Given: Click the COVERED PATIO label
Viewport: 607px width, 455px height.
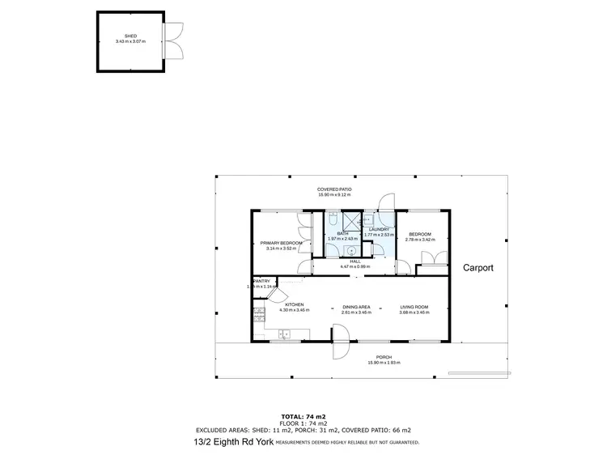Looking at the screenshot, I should click(x=334, y=189).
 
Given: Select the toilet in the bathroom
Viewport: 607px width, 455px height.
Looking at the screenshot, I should click(x=333, y=219).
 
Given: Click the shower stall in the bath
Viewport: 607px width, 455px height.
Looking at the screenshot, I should click(x=351, y=222).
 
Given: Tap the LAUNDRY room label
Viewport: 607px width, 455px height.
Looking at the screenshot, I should click(x=380, y=229).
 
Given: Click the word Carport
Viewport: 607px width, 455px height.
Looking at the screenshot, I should click(x=478, y=267).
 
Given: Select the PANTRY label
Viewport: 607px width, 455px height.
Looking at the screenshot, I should click(x=261, y=281).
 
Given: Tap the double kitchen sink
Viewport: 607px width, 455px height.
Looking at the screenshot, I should click(x=285, y=334).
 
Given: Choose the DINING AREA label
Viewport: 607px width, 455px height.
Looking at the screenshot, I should click(x=356, y=307).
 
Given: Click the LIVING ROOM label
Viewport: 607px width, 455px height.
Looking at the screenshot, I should click(x=414, y=307).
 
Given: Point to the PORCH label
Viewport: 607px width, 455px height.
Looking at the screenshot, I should click(x=384, y=357).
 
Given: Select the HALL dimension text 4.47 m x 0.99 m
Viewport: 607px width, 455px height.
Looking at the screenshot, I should click(x=354, y=266).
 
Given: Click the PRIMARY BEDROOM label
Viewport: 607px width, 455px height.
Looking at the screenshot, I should click(x=281, y=243).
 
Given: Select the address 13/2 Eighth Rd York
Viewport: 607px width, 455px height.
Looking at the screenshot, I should click(x=234, y=441).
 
